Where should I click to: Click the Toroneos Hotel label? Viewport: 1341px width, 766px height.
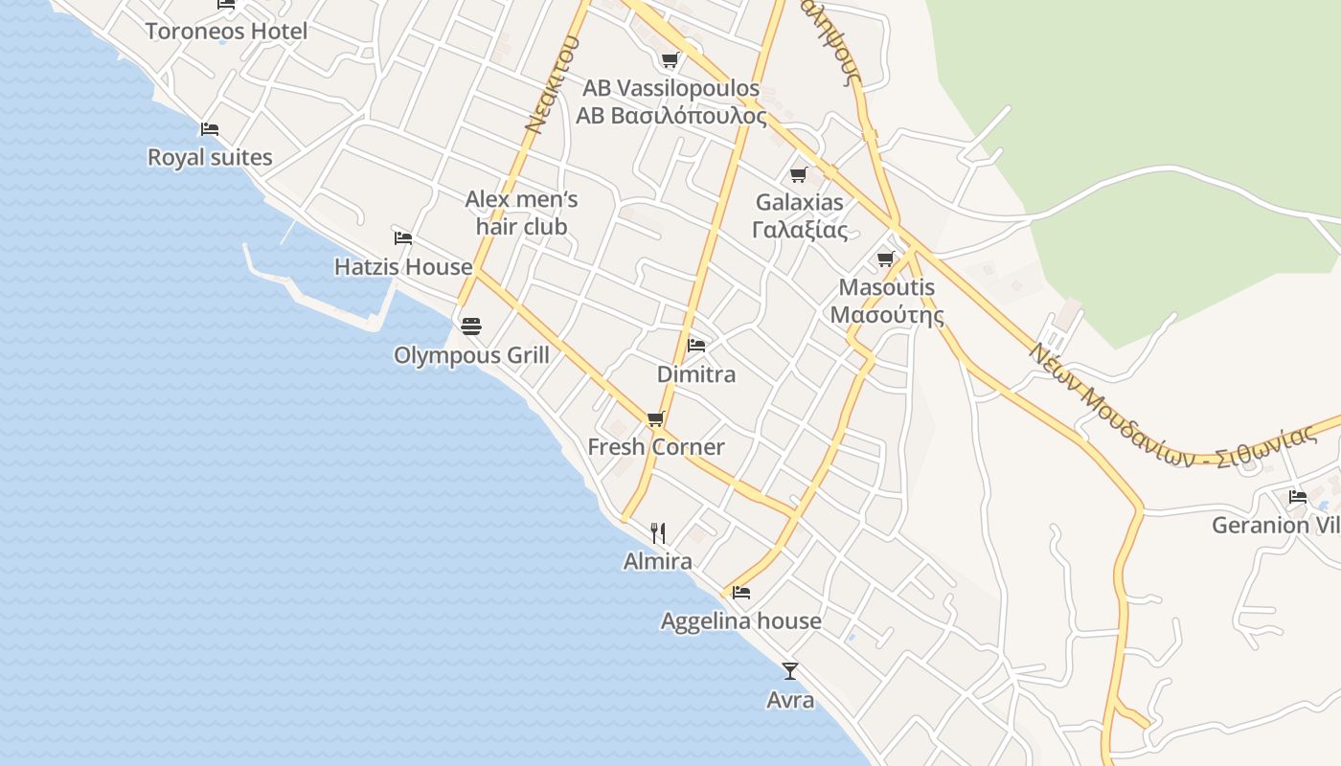(x=226, y=32)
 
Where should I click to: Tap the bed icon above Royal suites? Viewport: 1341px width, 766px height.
(x=210, y=129)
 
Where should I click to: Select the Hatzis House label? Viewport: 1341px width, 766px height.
(x=403, y=267)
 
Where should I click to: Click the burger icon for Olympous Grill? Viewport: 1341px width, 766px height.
(x=470, y=327)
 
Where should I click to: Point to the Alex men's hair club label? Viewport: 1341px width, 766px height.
(x=522, y=213)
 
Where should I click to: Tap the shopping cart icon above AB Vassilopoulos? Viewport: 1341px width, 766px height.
(x=670, y=60)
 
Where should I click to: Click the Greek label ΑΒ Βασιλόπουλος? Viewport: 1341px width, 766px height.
(x=671, y=117)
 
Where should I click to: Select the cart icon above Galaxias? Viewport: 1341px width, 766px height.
(x=798, y=174)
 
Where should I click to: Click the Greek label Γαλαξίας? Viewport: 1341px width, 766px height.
(x=800, y=230)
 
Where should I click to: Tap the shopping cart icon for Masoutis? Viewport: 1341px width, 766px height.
(x=886, y=259)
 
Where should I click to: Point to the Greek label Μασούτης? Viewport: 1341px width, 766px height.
(x=887, y=315)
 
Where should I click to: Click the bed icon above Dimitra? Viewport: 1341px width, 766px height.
(x=696, y=345)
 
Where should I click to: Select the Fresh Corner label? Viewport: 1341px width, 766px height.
(x=656, y=447)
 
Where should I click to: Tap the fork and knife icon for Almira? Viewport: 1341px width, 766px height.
(x=658, y=533)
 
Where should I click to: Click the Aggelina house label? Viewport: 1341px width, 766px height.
(x=740, y=621)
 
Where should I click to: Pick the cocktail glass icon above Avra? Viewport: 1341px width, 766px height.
(x=790, y=670)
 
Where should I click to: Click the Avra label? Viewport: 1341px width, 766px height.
(x=790, y=700)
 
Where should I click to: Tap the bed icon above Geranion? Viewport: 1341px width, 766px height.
(x=1298, y=496)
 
